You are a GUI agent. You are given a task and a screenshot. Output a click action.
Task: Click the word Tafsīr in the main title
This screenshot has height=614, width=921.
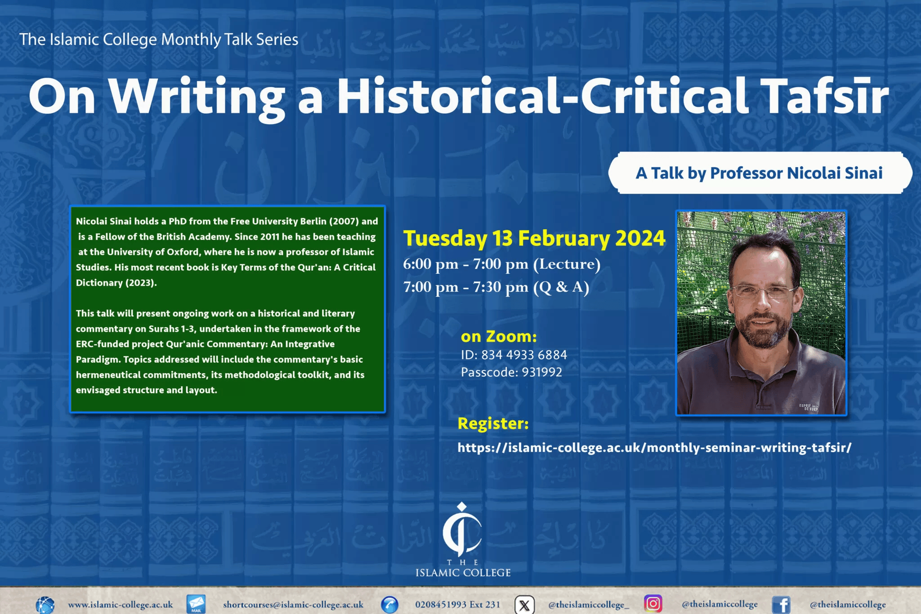(827, 96)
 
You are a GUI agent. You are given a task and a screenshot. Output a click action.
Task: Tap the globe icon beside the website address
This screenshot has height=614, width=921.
(45, 605)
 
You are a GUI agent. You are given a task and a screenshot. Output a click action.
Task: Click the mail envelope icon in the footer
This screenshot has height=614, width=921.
(196, 604)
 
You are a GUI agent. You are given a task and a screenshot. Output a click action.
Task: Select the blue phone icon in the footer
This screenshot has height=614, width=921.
(389, 605)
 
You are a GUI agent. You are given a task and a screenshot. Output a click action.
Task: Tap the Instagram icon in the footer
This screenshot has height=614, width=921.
(653, 604)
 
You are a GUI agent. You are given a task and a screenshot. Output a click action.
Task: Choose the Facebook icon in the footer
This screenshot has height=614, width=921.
(781, 605)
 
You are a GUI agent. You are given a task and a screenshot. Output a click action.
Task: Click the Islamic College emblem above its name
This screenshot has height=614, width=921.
(462, 529)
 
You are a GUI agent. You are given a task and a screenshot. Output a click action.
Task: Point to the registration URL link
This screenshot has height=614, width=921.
(654, 448)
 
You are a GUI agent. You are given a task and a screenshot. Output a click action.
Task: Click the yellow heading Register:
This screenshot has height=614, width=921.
(493, 423)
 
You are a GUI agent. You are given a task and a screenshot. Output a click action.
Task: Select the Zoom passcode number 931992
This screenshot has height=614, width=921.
(542, 372)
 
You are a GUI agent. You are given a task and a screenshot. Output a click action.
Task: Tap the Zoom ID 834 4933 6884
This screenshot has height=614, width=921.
(524, 355)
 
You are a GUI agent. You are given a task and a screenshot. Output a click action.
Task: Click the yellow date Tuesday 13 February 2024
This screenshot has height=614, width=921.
(534, 238)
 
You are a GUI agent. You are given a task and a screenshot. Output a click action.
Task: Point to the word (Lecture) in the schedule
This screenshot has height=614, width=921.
(567, 264)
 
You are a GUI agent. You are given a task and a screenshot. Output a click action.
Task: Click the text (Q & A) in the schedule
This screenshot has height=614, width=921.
(561, 287)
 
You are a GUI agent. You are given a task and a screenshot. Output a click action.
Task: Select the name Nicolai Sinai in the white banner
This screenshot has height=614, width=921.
(835, 173)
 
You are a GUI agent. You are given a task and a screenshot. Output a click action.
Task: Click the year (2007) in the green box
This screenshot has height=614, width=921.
(344, 221)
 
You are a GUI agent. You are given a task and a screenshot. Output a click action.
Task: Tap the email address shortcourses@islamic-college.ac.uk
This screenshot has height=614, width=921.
(293, 605)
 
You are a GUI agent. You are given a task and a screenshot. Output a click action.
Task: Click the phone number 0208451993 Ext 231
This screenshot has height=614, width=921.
(457, 605)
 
